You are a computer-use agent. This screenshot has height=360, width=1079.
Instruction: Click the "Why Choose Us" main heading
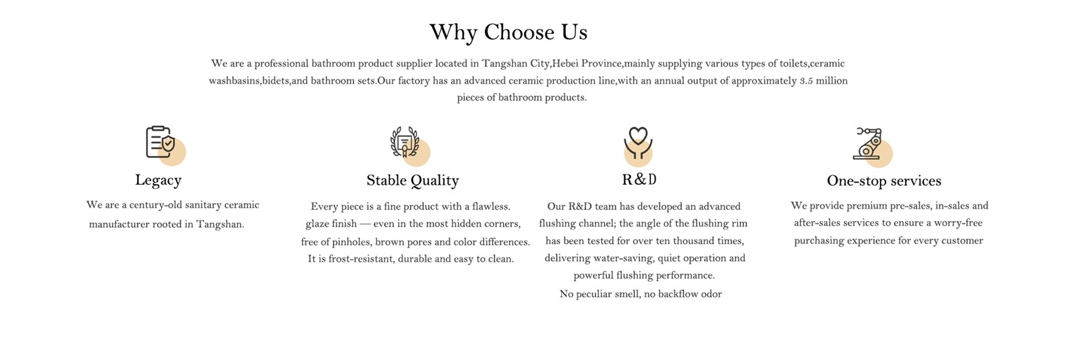tap(508, 33)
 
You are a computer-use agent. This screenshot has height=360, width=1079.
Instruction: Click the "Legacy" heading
tap(158, 180)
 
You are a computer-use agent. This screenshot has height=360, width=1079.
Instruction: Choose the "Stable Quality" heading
tap(413, 181)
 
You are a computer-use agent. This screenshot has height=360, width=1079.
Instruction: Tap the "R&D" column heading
tap(639, 179)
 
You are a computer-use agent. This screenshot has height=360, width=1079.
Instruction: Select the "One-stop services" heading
tap(884, 181)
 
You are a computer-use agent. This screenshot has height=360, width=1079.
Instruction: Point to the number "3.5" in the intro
tap(806, 81)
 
